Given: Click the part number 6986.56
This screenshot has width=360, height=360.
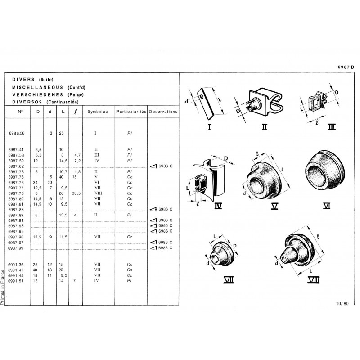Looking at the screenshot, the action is (17, 133).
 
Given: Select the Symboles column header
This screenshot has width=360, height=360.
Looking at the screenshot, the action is (98, 112).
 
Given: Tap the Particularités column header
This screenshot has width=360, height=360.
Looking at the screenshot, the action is (131, 112).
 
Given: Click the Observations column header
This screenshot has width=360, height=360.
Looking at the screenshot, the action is (163, 112).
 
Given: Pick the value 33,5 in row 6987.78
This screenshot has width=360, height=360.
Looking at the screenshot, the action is (76, 193).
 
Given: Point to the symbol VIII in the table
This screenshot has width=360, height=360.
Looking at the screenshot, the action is (98, 193).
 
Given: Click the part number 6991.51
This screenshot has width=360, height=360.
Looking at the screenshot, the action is (16, 281).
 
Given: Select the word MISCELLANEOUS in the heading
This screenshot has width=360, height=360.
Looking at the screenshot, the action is (38, 87).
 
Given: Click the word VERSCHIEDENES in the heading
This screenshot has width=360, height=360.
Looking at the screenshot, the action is (38, 95).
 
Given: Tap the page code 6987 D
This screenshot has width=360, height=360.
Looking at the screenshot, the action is (346, 67).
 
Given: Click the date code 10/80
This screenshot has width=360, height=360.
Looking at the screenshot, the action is (342, 303).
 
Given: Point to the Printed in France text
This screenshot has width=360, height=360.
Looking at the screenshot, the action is (2, 288).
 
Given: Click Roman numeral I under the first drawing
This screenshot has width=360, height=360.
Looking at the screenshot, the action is (209, 127).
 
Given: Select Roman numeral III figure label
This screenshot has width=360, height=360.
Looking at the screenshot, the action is (332, 127).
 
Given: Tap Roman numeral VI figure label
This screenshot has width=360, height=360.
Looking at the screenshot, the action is (327, 206).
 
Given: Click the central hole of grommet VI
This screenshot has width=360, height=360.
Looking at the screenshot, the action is (316, 174).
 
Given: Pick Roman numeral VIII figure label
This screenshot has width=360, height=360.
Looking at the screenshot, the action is (313, 280).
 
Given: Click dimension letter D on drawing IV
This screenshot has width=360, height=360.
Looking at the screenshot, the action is (226, 158).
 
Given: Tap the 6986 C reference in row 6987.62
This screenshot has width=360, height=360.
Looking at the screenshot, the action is (165, 166).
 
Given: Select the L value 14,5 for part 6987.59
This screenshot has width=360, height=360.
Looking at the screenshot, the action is (63, 161).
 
